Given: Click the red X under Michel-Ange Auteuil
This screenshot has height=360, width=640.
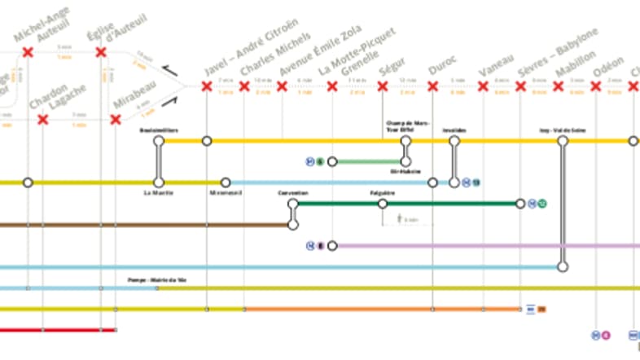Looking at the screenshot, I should tap(28, 53).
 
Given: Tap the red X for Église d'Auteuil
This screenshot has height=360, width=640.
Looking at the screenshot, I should tap(101, 53).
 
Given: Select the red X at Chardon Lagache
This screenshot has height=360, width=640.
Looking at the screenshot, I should tap(42, 120).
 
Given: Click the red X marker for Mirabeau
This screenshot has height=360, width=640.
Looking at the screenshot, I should tap(116, 120).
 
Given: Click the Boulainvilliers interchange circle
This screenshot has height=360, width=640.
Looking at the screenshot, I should tap(160, 141).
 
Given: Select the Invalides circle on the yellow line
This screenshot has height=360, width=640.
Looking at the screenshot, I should tap(455, 141).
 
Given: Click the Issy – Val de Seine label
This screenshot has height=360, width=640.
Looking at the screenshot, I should tap(562, 130).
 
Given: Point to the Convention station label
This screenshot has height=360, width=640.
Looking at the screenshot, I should tap(293, 193).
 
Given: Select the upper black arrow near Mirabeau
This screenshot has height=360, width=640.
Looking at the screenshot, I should tap(170, 73).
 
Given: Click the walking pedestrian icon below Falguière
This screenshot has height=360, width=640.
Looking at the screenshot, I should tap(400, 218).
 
